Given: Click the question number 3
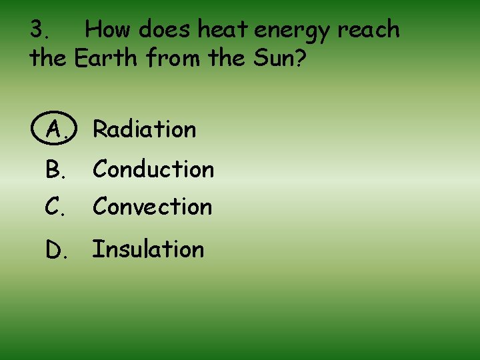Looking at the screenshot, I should pos(39,30).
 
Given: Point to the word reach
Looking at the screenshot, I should pos(369,30).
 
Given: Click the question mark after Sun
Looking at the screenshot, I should pos(300,59).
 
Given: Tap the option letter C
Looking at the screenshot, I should pos(55,208).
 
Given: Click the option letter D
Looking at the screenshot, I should pos(55,250).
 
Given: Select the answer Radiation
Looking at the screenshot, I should pos(145,129).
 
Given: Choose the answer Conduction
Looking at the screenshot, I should pos(153,170).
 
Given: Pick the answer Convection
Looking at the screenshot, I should pos(153,207).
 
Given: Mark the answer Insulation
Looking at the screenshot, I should pos(148,249).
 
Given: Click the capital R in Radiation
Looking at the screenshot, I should pos(100,129).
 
